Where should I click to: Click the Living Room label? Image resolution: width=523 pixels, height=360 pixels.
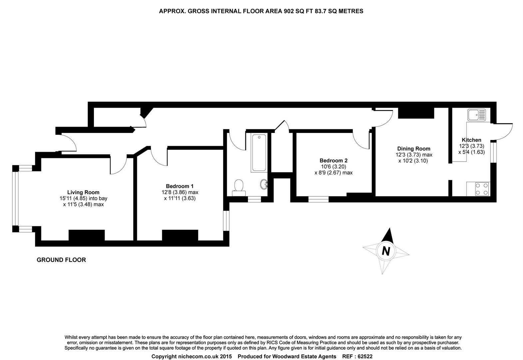pyautogui.click(x=83, y=192)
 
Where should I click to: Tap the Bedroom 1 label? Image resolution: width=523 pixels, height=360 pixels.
pyautogui.click(x=180, y=186)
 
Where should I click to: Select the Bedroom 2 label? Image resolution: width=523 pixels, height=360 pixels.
pyautogui.click(x=333, y=161)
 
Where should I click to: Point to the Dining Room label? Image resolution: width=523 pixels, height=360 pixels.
pyautogui.click(x=413, y=149)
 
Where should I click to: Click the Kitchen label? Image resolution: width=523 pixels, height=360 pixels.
pyautogui.click(x=471, y=140)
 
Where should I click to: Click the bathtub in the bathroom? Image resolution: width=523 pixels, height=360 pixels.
pyautogui.click(x=259, y=153)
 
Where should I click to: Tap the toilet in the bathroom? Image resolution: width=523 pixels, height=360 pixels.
pyautogui.click(x=239, y=187)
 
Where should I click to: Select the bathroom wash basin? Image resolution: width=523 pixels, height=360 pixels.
pyautogui.click(x=264, y=184)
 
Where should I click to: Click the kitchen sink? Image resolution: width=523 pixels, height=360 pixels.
pyautogui.click(x=477, y=115)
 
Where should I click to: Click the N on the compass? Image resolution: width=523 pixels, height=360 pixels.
pyautogui.click(x=386, y=250)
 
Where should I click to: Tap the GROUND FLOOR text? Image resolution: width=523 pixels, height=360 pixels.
pyautogui.click(x=61, y=260)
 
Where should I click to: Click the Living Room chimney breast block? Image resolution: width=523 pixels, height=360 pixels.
pyautogui.click(x=87, y=235)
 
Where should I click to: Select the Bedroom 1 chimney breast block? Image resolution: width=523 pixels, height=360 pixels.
pyautogui.click(x=180, y=235)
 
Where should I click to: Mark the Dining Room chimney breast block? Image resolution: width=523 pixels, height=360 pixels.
pyautogui.click(x=416, y=113)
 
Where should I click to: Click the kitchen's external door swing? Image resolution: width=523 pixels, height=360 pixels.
pyautogui.click(x=504, y=132)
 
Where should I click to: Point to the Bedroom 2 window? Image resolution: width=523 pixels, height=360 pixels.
pyautogui.click(x=318, y=199)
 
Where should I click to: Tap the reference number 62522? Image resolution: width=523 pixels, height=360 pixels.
pyautogui.click(x=365, y=356)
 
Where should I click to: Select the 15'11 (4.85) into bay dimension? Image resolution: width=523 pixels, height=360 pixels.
pyautogui.click(x=83, y=198)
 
